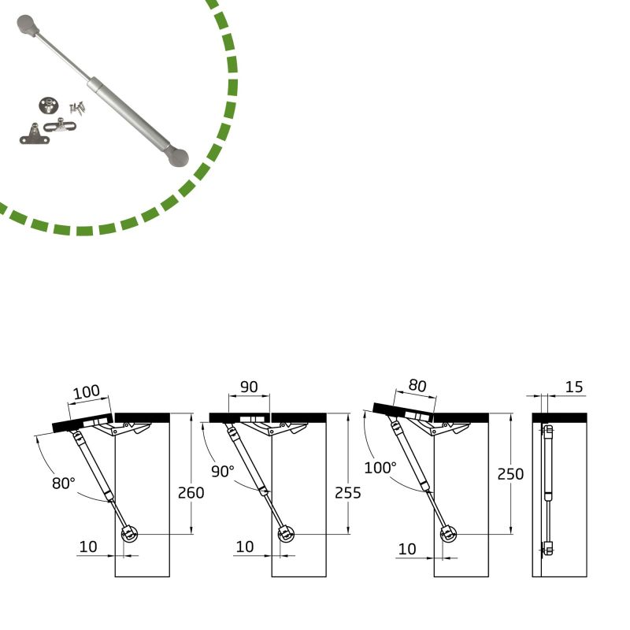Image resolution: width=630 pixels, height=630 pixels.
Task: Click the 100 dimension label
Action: (87, 391)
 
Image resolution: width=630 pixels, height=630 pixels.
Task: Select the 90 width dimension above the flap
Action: (249, 387)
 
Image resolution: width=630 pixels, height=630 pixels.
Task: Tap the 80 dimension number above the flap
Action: (417, 386)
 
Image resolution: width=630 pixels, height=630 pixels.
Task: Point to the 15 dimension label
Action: (574, 387)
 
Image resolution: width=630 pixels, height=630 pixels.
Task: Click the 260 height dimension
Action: (191, 493)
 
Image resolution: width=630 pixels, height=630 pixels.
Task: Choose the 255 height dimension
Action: (347, 493)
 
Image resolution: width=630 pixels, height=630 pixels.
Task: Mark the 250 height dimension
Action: (510, 474)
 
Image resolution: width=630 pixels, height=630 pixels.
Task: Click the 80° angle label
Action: (64, 483)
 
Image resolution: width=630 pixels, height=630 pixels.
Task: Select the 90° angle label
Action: (223, 471)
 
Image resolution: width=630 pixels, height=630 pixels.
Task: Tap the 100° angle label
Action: (380, 467)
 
